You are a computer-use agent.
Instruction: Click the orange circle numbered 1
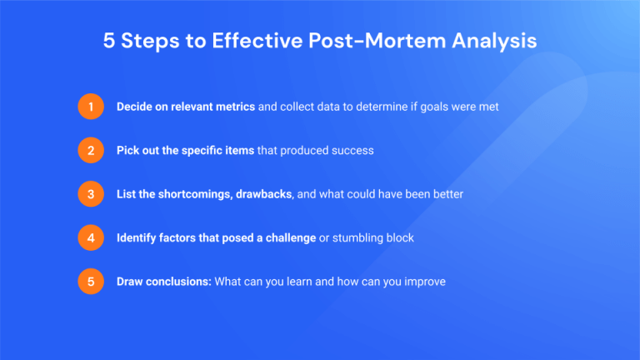pyautogui.click(x=90, y=107)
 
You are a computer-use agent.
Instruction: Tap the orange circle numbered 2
pyautogui.click(x=90, y=151)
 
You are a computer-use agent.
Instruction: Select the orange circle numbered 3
pyautogui.click(x=90, y=194)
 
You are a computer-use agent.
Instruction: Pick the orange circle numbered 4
pyautogui.click(x=90, y=237)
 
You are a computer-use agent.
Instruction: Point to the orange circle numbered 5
pyautogui.click(x=90, y=282)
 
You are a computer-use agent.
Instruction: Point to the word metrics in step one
pyautogui.click(x=234, y=107)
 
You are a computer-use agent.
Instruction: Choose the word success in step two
pyautogui.click(x=351, y=151)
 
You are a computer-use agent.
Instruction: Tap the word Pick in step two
pyautogui.click(x=128, y=151)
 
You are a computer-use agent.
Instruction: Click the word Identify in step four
pyautogui.click(x=138, y=237)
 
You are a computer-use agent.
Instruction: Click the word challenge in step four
pyautogui.click(x=287, y=237)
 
